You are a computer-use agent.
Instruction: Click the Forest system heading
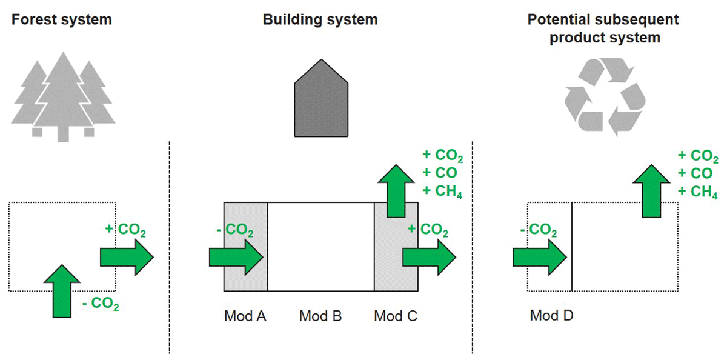click(61, 19)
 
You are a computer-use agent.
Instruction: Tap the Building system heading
click(320, 19)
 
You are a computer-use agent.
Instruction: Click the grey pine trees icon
click(63, 97)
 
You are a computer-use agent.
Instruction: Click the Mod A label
click(245, 316)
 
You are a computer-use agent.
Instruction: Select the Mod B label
click(320, 316)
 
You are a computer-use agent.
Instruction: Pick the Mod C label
click(396, 316)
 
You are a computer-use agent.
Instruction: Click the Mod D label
click(551, 316)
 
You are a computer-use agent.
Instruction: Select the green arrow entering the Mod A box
click(236, 256)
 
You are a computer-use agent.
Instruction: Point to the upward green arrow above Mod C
click(396, 190)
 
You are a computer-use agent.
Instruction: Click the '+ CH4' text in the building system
click(442, 192)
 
